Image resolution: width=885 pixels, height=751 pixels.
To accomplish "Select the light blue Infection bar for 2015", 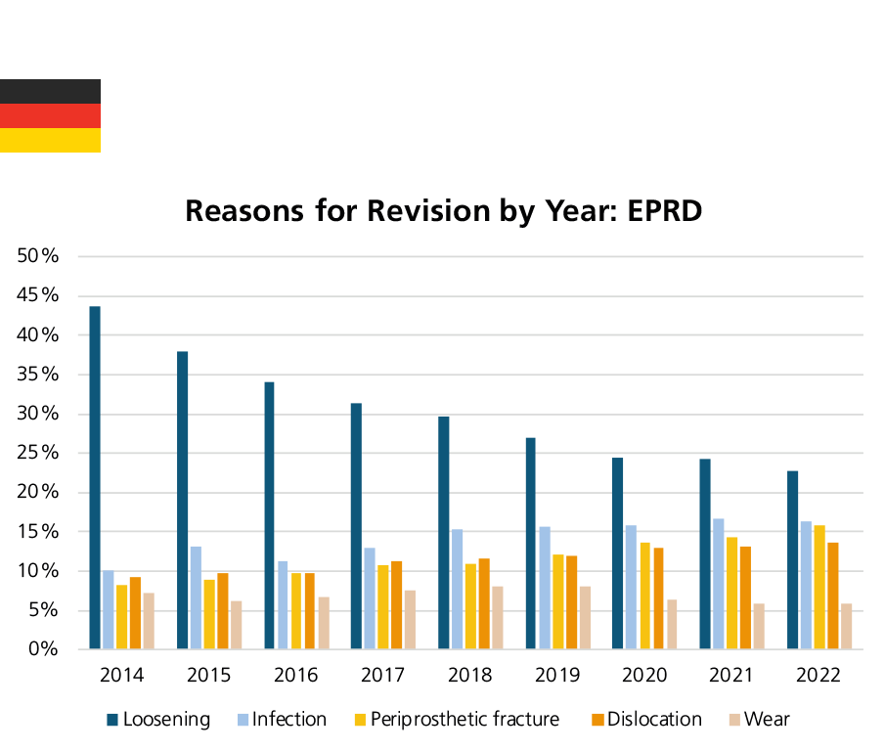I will pos(196,596).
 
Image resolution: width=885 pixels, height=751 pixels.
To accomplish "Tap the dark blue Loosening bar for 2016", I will pos(269,514).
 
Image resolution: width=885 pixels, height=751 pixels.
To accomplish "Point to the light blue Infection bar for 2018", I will pos(457,589).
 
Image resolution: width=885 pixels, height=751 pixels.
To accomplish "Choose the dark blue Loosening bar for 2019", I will pos(530,543).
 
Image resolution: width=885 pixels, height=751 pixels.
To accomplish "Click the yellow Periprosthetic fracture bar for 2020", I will pos(644,595).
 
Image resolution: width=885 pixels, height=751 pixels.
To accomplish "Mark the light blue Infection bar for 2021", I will pos(719,583).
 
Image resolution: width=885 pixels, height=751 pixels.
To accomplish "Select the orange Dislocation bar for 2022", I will pos(833,595).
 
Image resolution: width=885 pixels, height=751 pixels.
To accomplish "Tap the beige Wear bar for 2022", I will pos(847,626).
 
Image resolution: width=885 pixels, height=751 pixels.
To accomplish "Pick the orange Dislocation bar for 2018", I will pos(484,603).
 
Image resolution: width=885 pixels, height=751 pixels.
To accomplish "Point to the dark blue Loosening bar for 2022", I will pos(793,559).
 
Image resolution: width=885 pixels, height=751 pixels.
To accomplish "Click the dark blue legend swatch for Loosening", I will pos(112,720).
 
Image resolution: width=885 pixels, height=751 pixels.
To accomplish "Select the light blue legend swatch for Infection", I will pos(243,720).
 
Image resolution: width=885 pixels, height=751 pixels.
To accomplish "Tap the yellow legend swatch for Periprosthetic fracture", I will pos(360,720).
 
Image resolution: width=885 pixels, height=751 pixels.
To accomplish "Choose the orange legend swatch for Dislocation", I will pos(597,720).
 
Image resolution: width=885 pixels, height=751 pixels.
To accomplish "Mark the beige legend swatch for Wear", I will pos(734,720).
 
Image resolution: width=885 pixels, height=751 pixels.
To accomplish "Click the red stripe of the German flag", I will pos(50,115).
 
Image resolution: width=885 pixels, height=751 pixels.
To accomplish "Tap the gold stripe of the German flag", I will pos(50,140).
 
